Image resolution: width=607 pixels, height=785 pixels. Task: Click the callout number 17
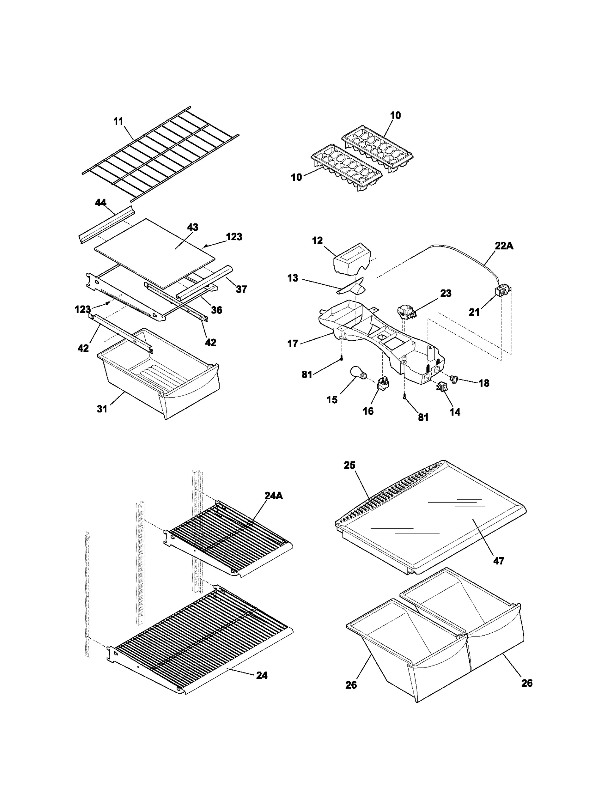[x=292, y=344]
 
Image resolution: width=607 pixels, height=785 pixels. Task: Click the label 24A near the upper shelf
[x=274, y=495]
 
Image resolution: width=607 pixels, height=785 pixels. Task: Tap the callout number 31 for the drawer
[x=102, y=409]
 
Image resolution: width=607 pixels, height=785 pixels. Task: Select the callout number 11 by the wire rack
[x=118, y=121]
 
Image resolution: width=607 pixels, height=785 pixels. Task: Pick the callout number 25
[x=349, y=465]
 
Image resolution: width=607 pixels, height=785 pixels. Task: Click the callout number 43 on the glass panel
[x=193, y=227]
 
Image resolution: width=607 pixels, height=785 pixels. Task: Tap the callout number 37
[x=241, y=289]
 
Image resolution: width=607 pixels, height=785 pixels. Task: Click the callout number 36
[x=216, y=310]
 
